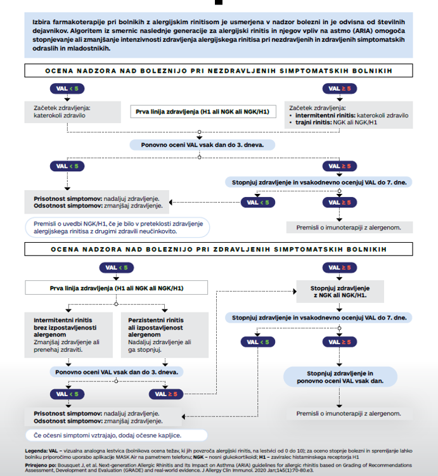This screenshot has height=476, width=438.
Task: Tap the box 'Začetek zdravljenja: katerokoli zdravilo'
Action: click(x=70, y=112)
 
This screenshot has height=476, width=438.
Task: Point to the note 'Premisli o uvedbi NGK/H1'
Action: click(x=117, y=228)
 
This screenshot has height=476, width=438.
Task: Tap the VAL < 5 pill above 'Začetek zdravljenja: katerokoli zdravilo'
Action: click(x=66, y=87)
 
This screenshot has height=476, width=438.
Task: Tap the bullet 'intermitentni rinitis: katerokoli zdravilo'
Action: click(x=349, y=115)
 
